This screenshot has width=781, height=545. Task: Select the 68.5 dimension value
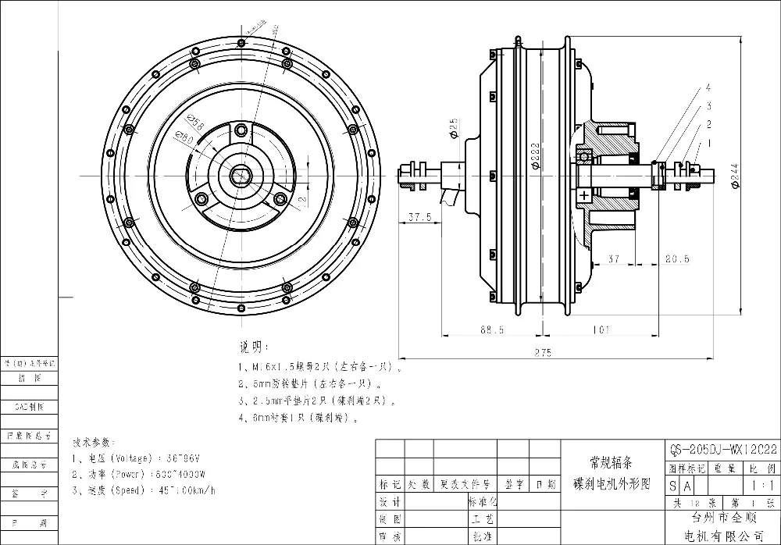click(490, 330)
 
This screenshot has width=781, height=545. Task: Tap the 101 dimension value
click(600, 330)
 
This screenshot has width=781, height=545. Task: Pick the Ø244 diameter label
click(735, 177)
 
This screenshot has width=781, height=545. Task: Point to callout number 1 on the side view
click(708, 143)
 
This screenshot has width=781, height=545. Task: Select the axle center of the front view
click(242, 176)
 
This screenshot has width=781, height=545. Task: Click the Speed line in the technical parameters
click(143, 490)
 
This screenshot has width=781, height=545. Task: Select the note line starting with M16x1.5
click(320, 366)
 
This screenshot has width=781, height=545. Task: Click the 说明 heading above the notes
click(253, 346)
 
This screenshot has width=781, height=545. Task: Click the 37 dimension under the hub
click(612, 259)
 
